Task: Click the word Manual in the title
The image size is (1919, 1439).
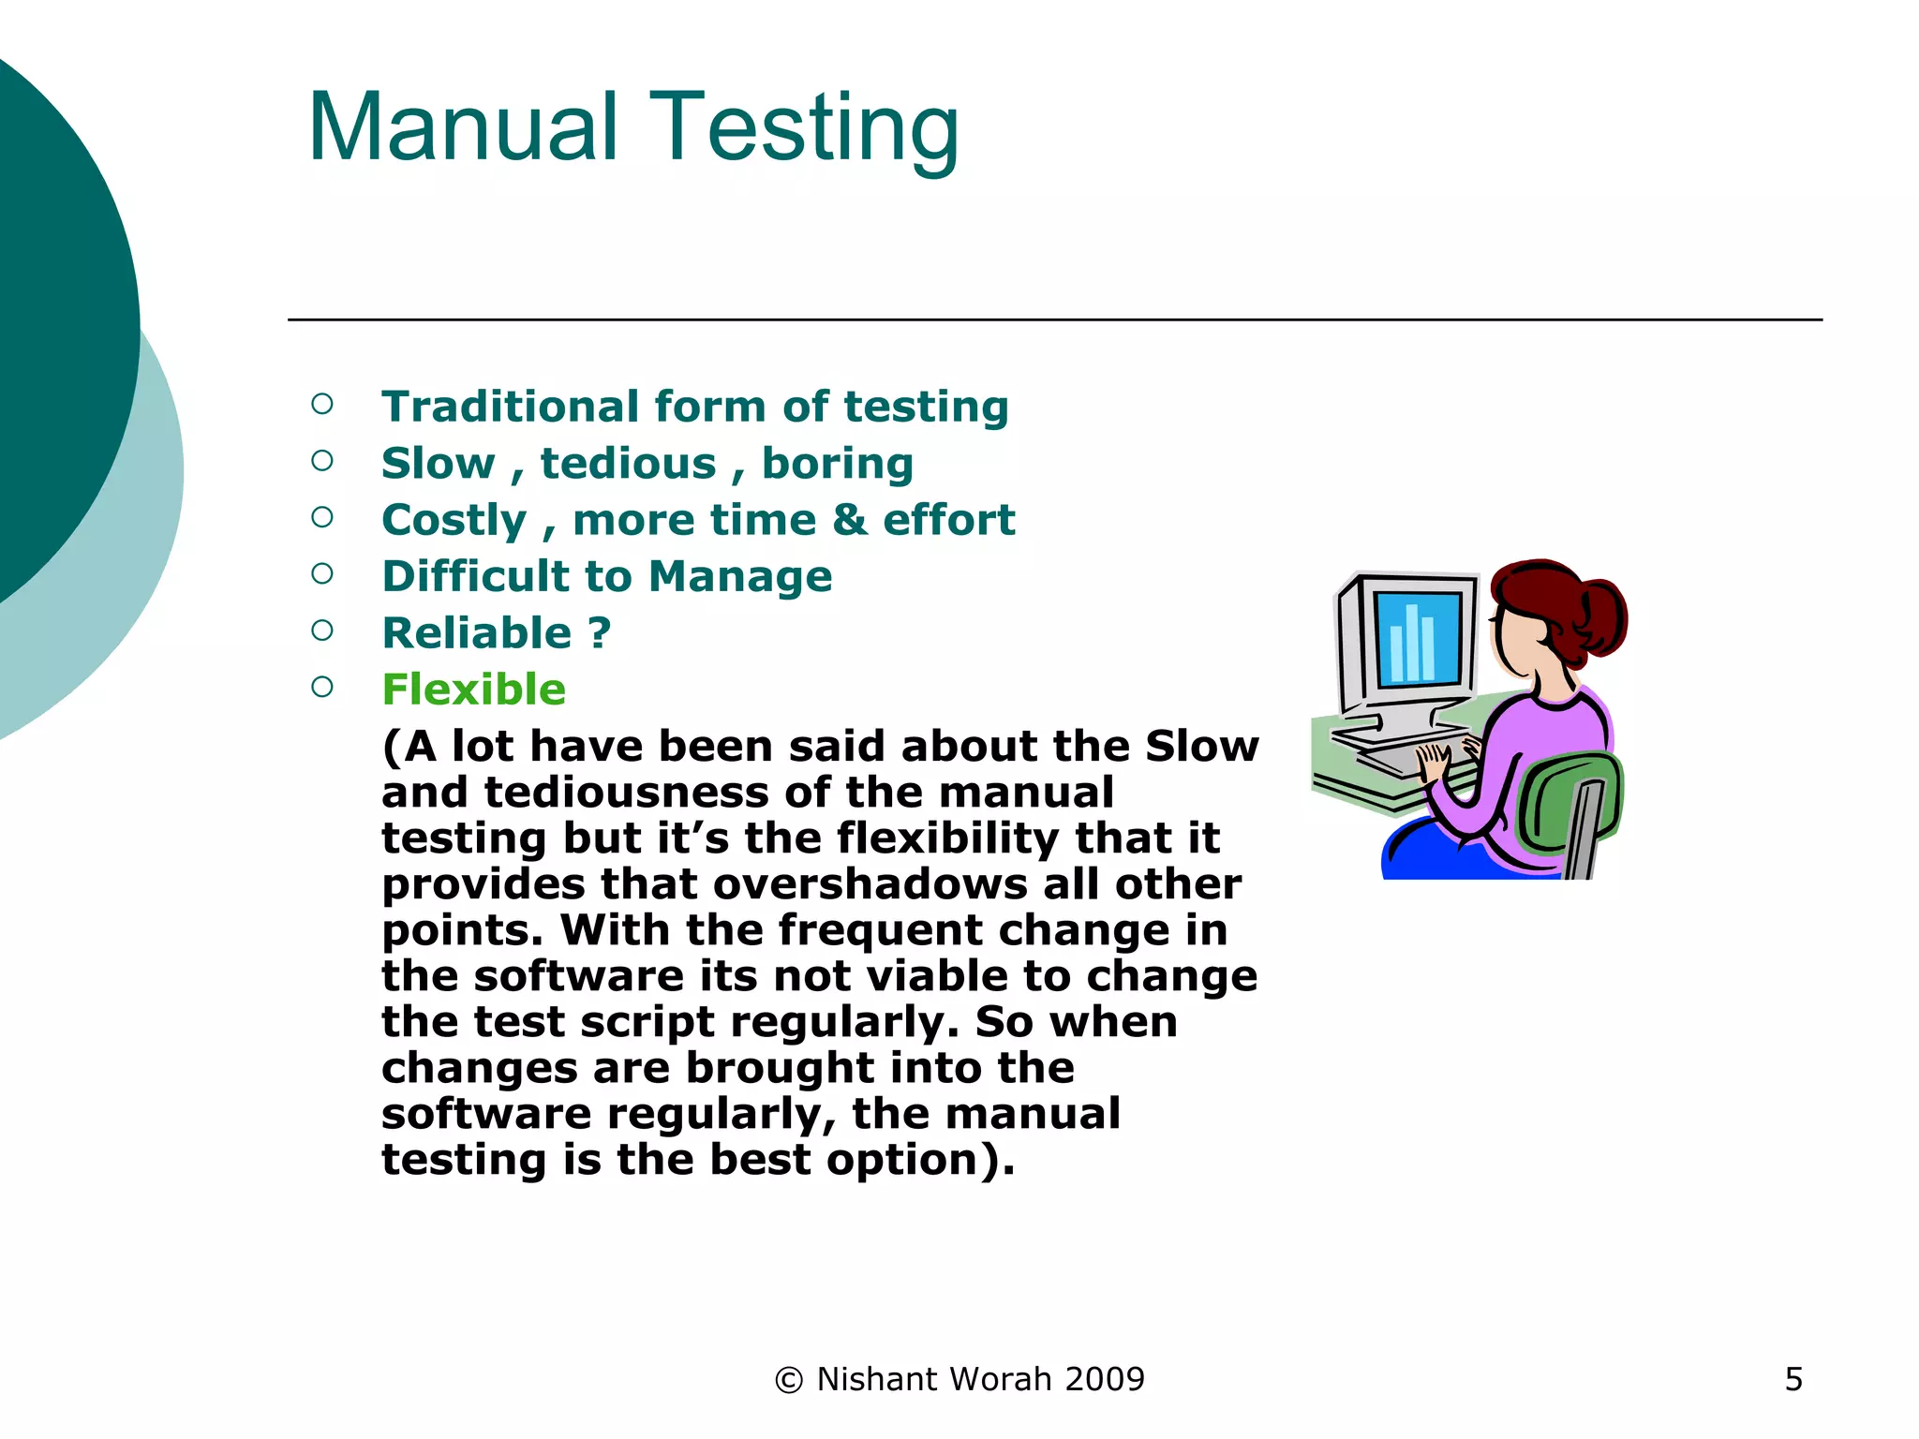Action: (x=462, y=128)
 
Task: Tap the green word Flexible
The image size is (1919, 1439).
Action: (x=473, y=690)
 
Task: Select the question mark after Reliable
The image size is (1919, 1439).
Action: (x=600, y=633)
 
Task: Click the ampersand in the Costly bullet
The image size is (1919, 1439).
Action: (x=849, y=520)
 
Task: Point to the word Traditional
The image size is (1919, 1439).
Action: (x=511, y=407)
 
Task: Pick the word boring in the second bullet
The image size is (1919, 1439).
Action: (x=837, y=463)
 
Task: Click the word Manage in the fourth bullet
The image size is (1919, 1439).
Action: (x=739, y=576)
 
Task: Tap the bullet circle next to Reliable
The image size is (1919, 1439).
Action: (x=322, y=630)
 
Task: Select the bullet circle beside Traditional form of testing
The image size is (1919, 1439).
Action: (x=322, y=404)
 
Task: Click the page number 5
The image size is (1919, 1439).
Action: (x=1793, y=1379)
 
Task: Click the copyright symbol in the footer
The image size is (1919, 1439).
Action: (x=789, y=1380)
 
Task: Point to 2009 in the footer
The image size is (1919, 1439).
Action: (x=1105, y=1379)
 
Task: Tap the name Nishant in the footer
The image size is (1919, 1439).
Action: (x=877, y=1379)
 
